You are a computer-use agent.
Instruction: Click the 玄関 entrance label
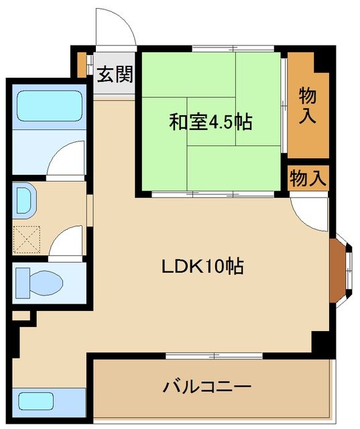coord(114,74)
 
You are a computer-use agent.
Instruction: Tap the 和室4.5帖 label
coord(210,123)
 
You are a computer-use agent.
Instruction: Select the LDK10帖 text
coord(202,266)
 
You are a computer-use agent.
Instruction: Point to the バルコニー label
coord(206,387)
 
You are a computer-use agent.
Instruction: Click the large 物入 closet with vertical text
coord(307,105)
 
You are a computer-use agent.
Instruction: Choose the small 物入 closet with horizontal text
coord(308,178)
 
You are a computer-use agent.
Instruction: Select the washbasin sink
coord(25,200)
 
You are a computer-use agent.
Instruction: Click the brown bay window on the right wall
coord(339,267)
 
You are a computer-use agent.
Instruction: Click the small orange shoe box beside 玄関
coord(81,64)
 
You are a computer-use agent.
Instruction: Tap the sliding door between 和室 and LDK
coord(211,194)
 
